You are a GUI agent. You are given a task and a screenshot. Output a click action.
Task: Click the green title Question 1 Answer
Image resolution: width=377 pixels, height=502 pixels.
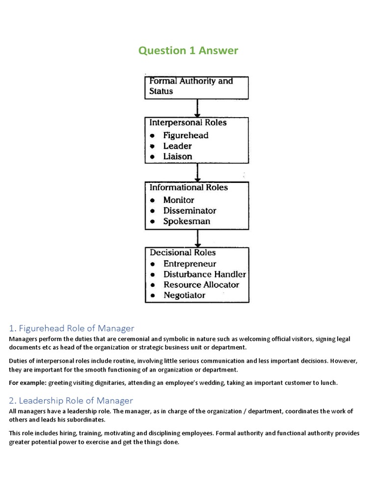click(188, 50)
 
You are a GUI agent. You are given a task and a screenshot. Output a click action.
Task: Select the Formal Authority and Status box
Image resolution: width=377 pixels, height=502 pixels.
click(196, 86)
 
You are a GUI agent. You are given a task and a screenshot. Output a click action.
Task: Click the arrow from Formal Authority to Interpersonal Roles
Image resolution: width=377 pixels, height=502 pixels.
click(197, 107)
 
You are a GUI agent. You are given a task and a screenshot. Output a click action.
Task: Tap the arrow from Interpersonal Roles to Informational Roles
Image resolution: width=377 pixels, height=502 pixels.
click(197, 172)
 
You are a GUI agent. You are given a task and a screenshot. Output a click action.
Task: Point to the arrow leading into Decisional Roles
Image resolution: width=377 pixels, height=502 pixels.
click(197, 238)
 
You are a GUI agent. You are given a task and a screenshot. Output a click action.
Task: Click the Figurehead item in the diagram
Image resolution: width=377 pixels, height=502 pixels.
click(186, 135)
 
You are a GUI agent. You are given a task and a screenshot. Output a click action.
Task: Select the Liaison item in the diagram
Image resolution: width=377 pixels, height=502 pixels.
click(177, 156)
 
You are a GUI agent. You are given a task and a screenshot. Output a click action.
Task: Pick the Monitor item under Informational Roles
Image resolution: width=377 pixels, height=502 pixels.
click(178, 200)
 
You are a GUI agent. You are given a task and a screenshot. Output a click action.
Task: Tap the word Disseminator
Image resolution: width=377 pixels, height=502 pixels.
click(189, 211)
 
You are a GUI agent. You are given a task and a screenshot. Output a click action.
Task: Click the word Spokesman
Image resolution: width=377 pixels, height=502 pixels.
click(187, 221)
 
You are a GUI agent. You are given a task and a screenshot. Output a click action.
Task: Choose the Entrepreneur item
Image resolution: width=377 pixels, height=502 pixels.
click(189, 264)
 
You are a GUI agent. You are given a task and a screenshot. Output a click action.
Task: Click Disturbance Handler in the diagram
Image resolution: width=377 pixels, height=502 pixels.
click(204, 274)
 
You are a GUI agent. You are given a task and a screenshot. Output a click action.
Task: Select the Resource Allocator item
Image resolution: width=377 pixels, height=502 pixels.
click(201, 285)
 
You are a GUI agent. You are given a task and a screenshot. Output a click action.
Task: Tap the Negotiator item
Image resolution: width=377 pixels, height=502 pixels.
click(184, 295)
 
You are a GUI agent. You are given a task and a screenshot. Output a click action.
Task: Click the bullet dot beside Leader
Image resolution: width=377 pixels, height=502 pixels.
click(153, 146)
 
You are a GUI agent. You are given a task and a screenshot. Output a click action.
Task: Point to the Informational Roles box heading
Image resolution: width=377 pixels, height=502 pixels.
click(188, 188)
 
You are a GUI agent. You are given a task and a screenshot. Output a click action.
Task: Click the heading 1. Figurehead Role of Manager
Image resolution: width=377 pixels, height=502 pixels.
click(72, 328)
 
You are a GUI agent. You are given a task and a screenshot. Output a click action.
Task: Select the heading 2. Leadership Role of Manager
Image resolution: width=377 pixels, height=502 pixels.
click(71, 401)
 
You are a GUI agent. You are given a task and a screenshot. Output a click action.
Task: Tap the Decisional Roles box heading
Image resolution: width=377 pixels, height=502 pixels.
click(183, 253)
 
